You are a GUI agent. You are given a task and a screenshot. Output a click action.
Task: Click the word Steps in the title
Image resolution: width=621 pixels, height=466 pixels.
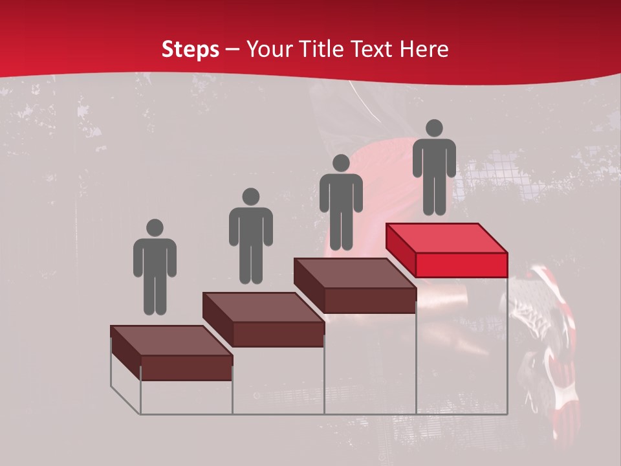[x=190, y=49]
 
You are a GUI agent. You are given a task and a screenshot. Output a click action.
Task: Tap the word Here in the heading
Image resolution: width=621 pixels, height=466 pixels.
[x=424, y=49]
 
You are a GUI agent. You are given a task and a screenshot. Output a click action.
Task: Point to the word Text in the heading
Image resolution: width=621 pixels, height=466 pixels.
[x=371, y=49]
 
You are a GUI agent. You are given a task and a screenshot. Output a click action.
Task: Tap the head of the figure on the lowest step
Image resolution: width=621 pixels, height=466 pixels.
[x=155, y=228]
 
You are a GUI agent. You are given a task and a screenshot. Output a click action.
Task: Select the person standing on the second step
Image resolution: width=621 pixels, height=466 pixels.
[x=251, y=236]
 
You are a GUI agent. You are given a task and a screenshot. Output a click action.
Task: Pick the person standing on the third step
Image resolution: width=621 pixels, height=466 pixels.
[x=341, y=202]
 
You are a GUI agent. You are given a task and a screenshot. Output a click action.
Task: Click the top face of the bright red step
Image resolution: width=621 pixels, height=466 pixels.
[x=446, y=238]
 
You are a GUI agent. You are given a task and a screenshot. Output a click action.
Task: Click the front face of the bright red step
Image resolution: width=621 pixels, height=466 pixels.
[x=461, y=265]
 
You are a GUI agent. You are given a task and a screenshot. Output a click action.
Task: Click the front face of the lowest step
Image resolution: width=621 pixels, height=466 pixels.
[x=186, y=368]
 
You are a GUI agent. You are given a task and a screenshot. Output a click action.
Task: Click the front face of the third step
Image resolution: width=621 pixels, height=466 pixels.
[x=369, y=300]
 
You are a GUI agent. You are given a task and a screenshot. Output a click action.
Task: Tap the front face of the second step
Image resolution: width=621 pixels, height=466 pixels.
[x=278, y=334]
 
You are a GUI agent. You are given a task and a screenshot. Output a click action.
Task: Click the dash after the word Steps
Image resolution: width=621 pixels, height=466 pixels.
[x=233, y=49]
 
